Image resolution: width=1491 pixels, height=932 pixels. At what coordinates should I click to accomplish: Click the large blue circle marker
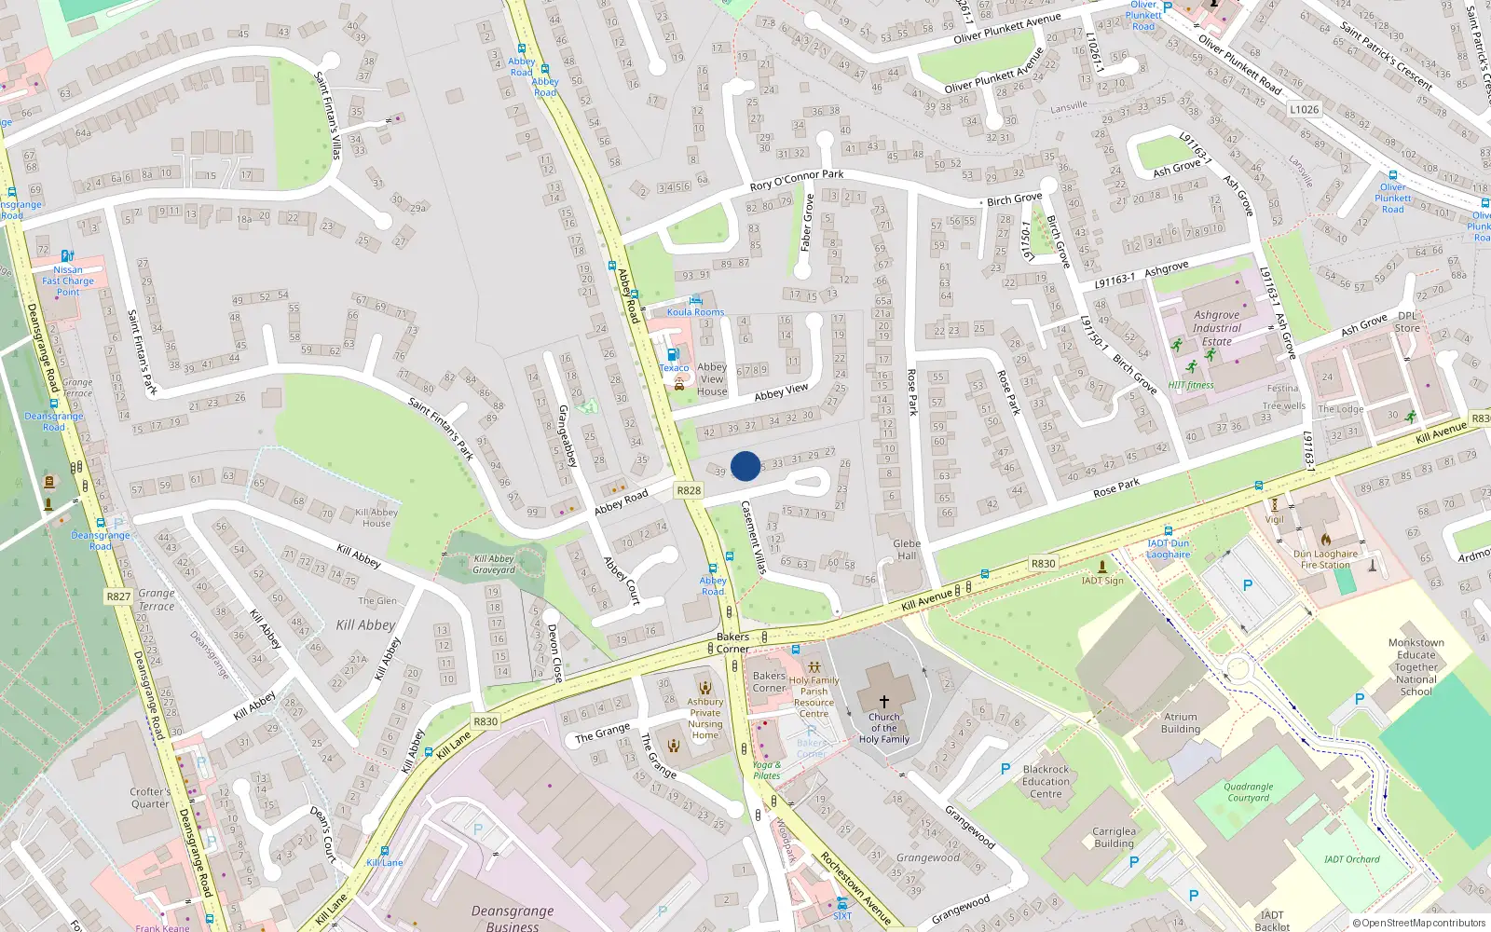(745, 466)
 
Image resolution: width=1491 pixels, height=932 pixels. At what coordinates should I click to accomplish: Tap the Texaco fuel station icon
(674, 354)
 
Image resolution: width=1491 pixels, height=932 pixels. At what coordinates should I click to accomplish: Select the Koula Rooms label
(695, 312)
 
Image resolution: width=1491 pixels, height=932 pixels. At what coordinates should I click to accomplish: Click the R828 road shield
(689, 490)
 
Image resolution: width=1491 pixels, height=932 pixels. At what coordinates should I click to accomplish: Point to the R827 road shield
(118, 596)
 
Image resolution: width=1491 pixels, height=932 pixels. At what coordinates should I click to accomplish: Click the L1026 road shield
(1305, 109)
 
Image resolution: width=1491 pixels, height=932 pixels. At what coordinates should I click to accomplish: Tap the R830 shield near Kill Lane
(486, 721)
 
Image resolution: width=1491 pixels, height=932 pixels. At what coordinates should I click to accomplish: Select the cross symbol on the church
(883, 701)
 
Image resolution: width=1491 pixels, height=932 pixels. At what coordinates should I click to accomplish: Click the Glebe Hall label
(907, 549)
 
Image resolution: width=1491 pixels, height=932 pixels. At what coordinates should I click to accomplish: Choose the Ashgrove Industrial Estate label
(1216, 328)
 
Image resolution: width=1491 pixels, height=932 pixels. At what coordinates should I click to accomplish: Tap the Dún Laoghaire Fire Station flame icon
(1325, 539)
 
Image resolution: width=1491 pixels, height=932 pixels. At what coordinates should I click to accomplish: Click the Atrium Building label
(1181, 723)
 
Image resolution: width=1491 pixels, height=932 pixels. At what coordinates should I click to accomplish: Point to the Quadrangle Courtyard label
(1248, 792)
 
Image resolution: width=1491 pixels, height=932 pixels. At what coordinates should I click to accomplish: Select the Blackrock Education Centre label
(1046, 782)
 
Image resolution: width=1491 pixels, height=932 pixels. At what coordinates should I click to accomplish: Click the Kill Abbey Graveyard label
(494, 564)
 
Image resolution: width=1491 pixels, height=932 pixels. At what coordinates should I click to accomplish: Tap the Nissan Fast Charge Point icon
(67, 256)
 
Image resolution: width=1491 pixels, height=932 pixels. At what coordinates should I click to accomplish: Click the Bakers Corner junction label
(732, 642)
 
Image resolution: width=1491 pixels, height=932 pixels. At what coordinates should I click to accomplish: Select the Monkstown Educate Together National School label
(1416, 667)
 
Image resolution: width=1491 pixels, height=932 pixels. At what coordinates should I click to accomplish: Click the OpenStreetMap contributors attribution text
(1419, 923)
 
